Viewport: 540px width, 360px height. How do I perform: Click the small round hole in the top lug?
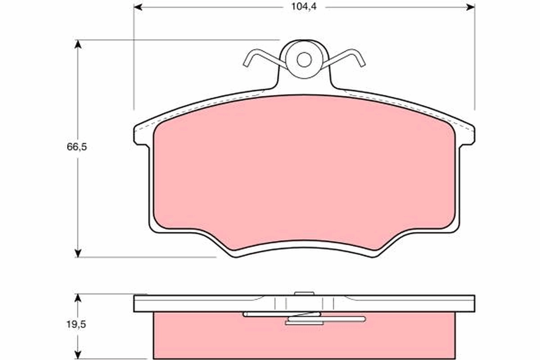[305, 59]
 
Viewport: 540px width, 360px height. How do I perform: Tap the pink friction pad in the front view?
[305, 171]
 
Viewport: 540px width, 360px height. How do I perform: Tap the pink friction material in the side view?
[202, 337]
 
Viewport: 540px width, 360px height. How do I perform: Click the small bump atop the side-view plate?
[304, 293]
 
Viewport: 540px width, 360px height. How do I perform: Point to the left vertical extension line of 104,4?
[134, 58]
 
